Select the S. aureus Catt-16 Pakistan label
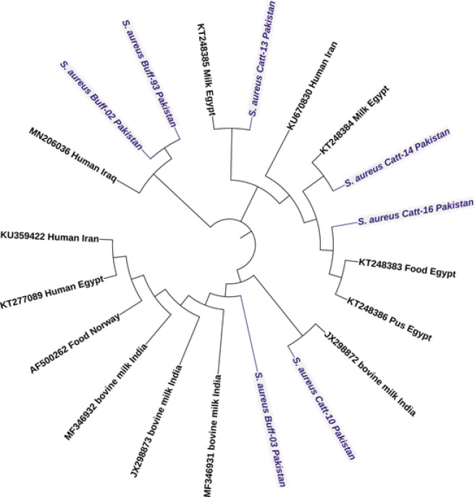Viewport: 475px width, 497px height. [415, 211]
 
